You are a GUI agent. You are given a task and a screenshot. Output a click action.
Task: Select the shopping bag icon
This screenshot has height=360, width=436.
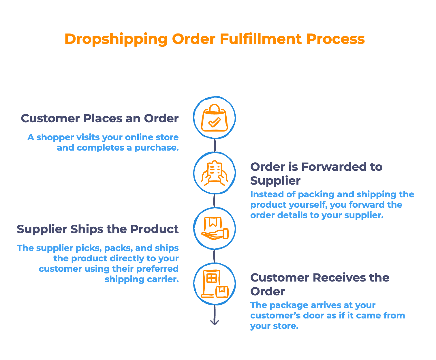[215, 118]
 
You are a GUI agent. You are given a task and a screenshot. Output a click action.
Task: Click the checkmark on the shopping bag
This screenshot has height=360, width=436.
[214, 122]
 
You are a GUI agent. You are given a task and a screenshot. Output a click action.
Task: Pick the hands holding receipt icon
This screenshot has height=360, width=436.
[215, 173]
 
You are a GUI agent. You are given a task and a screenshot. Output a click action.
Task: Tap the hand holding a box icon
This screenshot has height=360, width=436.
[215, 228]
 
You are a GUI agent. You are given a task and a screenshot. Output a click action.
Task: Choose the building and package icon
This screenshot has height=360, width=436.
[215, 284]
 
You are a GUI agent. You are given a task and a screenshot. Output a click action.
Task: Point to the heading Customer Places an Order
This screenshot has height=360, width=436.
[100, 119]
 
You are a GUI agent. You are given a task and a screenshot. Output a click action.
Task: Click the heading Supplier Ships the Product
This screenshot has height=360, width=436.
[97, 229]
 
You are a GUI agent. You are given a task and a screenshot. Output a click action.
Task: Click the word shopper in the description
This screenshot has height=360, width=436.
[55, 138]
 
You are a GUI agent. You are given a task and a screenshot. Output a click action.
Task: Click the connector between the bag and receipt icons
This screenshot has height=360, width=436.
[215, 145]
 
